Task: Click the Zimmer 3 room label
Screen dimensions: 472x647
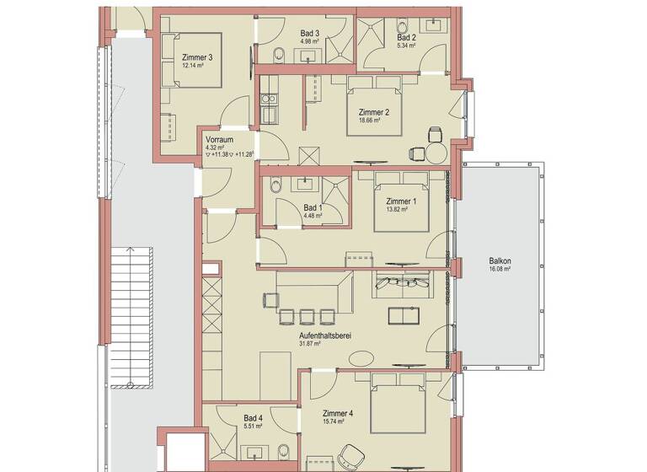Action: pos(196,57)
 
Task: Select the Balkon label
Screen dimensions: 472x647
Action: pos(500,261)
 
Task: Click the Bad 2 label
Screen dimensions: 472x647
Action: pos(406,38)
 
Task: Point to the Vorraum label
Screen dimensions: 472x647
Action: pos(220,139)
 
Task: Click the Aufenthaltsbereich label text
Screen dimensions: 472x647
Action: pos(324,335)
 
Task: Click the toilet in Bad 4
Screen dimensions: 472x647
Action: pos(285,447)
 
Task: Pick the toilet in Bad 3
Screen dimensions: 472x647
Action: pos(279,56)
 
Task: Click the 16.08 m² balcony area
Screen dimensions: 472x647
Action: pos(500,271)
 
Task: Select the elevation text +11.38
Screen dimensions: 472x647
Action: pos(222,154)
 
